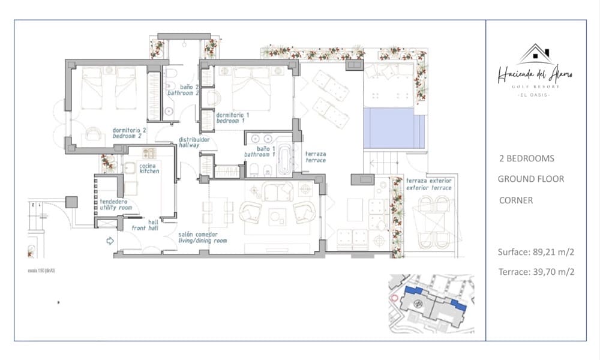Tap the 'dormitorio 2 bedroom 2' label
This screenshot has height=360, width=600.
pos(130,133)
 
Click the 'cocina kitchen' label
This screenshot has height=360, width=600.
pos(149,169)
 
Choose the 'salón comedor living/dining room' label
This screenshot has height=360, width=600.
pos(202,238)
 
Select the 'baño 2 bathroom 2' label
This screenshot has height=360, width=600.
pos(183,91)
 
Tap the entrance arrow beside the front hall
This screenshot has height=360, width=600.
pos(110,242)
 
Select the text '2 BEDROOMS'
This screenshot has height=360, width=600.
pos(526,159)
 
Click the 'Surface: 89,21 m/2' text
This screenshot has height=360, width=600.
pos(536,252)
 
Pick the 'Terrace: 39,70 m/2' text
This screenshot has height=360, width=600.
pos(536,272)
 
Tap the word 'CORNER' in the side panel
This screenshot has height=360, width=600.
pos(515,200)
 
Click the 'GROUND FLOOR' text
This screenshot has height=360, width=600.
pos(531,179)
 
